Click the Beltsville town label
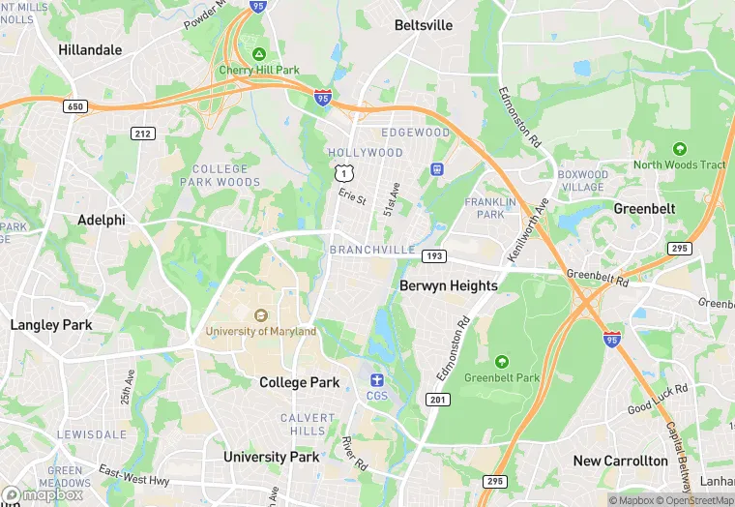tap(424, 25)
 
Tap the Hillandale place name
tap(90, 49)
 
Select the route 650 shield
tap(75, 105)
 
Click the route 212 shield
tap(142, 133)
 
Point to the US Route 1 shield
tap(342, 173)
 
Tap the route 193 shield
tap(433, 254)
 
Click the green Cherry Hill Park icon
tap(258, 53)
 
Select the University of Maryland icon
tap(260, 315)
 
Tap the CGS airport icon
tap(376, 378)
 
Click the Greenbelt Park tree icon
tap(501, 362)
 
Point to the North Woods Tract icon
tap(679, 149)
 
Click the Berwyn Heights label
tap(449, 285)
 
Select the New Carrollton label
tap(620, 461)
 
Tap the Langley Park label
tap(51, 325)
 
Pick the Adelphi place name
tap(102, 220)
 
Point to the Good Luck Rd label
tap(657, 397)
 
